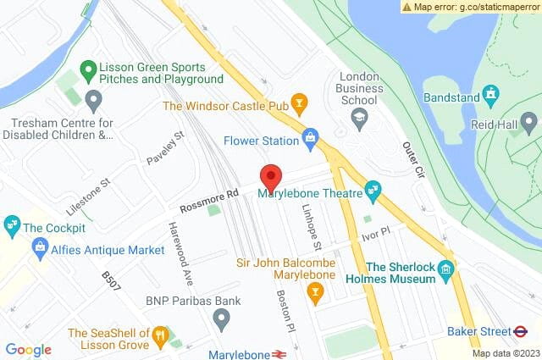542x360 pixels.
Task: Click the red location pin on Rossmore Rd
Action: [x=271, y=176]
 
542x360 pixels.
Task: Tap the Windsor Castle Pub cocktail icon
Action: [x=298, y=104]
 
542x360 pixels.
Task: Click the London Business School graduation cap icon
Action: [x=359, y=119]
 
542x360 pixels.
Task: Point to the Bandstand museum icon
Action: [x=489, y=93]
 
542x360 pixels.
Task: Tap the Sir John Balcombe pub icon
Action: [x=315, y=293]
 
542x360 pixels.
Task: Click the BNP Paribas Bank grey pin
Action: [x=221, y=319]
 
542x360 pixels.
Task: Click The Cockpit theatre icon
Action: [x=12, y=226]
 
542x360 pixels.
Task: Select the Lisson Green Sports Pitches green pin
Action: [x=87, y=70]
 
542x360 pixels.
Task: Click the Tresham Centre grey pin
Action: [x=93, y=102]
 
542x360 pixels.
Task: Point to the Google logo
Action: [x=28, y=350]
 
